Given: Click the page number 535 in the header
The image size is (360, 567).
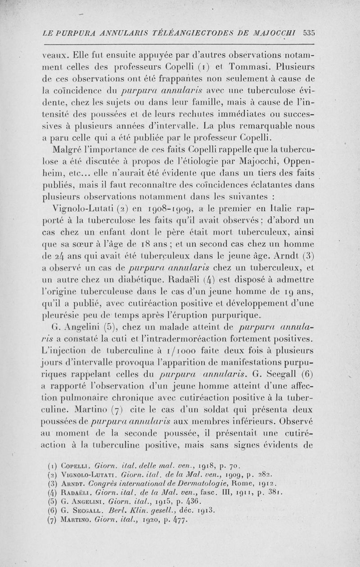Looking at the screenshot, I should click(309, 32).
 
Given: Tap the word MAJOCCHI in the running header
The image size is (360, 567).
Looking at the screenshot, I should click(277, 32).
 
